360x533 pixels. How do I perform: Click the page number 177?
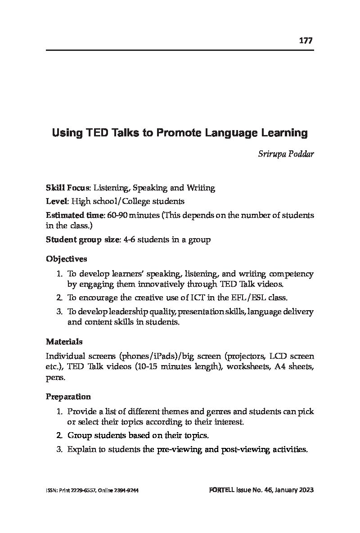306,41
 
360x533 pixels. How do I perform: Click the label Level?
56,201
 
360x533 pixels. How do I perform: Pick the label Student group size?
81,240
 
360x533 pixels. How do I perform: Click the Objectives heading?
66,259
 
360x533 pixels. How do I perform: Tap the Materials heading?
64,341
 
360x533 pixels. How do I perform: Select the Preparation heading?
68,397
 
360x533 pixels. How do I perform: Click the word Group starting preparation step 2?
78,436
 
